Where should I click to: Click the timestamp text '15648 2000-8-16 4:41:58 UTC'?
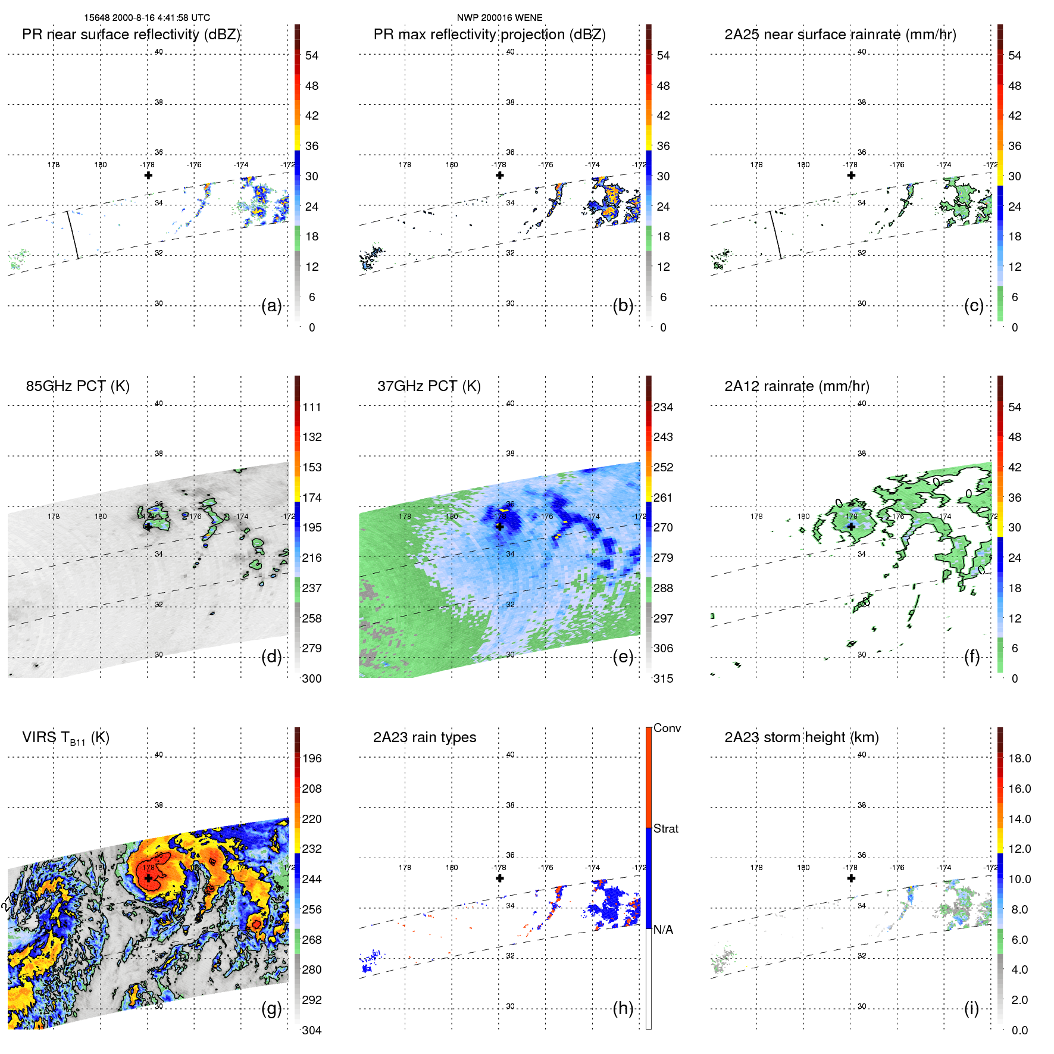[x=147, y=18]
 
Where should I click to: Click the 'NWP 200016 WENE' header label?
[x=499, y=18]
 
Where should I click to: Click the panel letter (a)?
[x=271, y=306]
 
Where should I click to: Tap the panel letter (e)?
[x=623, y=657]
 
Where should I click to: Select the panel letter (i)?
[x=971, y=1009]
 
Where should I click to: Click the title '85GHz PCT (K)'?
[x=77, y=386]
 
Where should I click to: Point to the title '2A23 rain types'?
[x=424, y=737]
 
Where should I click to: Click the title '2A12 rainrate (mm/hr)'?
[x=796, y=386]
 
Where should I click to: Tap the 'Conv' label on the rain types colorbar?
[x=667, y=728]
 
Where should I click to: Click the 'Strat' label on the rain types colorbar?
[x=666, y=829]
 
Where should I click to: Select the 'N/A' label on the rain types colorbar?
[x=663, y=930]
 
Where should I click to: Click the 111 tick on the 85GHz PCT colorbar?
[x=312, y=408]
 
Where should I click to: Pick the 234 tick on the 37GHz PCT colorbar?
[x=663, y=408]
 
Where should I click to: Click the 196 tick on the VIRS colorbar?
[x=312, y=759]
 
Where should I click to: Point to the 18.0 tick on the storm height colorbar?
[x=1019, y=759]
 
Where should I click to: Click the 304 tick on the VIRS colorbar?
[x=312, y=1030]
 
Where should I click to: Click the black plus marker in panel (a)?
[x=148, y=175]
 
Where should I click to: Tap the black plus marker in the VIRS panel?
[x=148, y=878]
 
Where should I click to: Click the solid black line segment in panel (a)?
[x=73, y=235]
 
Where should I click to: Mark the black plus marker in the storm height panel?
[x=851, y=878]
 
